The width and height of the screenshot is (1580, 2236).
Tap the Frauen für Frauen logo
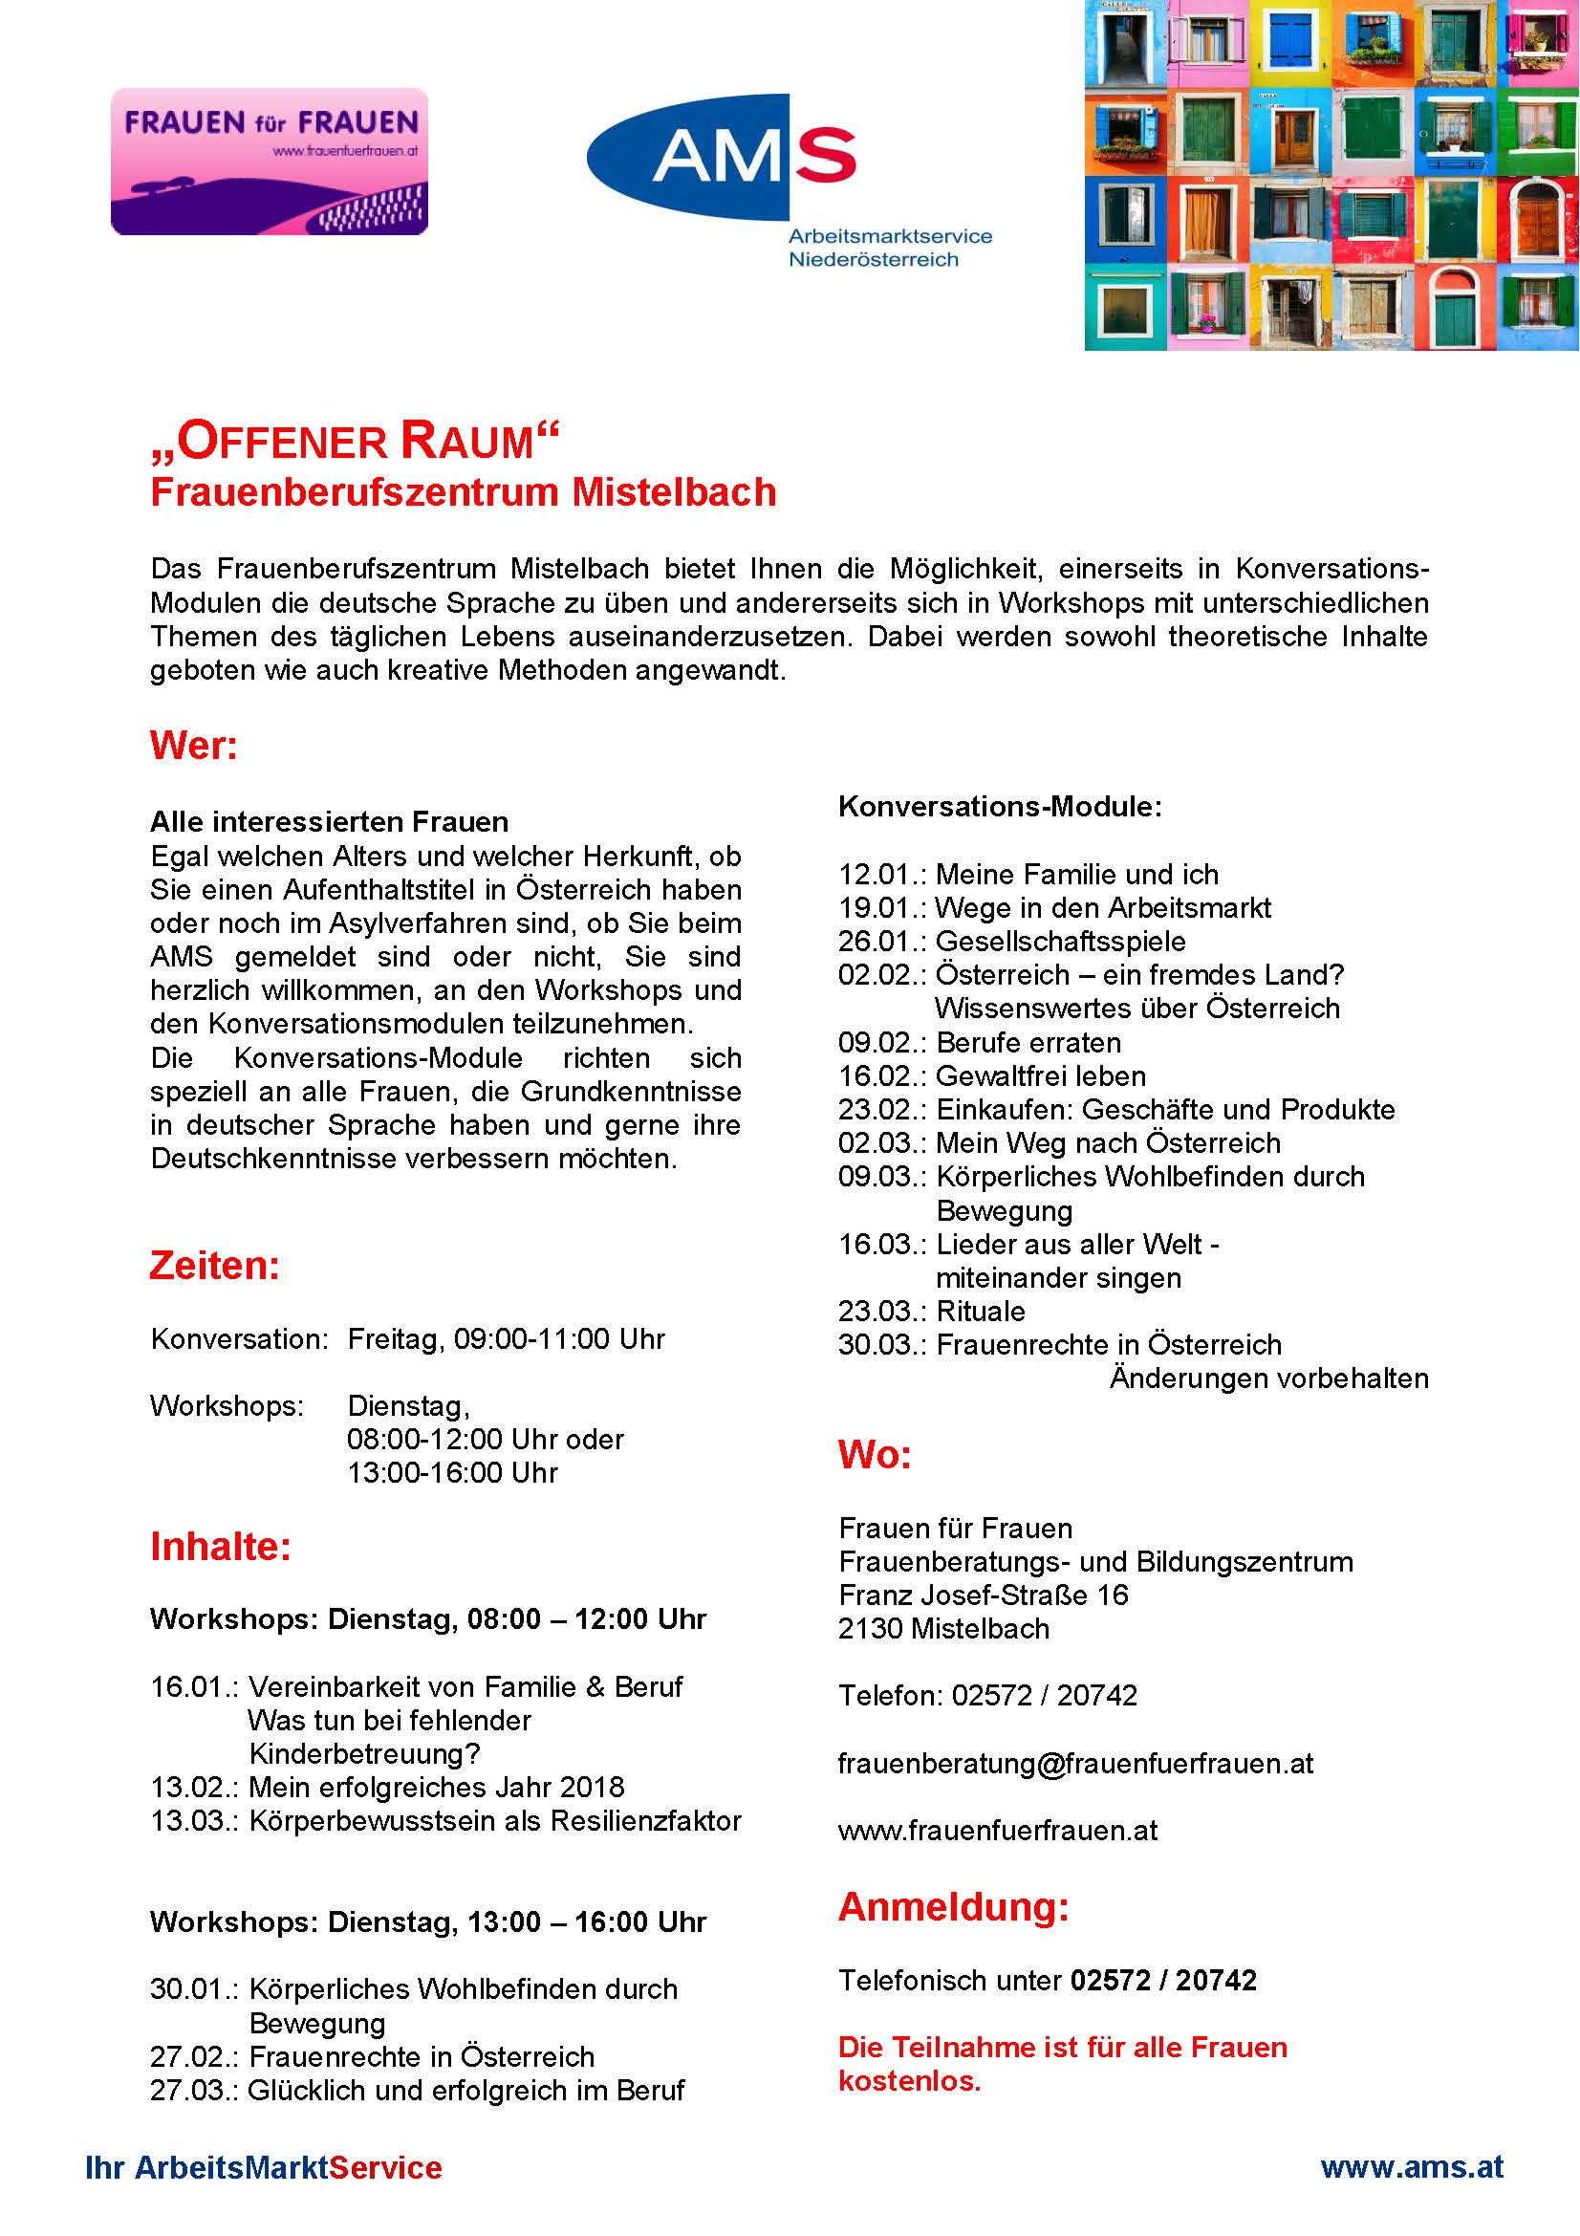click(x=270, y=162)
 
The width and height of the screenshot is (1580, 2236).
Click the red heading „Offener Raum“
click(x=356, y=441)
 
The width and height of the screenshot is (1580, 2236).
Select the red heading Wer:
click(x=194, y=746)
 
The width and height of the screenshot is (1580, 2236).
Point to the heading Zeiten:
click(x=214, y=1265)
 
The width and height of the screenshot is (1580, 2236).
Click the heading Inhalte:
click(x=221, y=1547)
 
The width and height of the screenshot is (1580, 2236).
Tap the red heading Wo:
click(x=875, y=1454)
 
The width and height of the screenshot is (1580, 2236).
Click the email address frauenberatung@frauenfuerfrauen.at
click(x=1075, y=1764)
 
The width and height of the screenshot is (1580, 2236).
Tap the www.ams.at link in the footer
click(x=1412, y=2167)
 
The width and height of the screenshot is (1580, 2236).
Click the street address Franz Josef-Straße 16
click(x=984, y=1596)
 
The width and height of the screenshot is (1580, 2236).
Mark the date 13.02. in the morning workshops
click(x=194, y=1787)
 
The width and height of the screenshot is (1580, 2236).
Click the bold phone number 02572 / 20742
click(x=1163, y=1980)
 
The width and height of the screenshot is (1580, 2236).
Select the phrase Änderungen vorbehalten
click(x=1268, y=1379)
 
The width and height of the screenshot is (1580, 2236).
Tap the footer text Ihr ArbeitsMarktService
click(x=264, y=2168)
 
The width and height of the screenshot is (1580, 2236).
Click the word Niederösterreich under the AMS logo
click(x=874, y=260)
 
